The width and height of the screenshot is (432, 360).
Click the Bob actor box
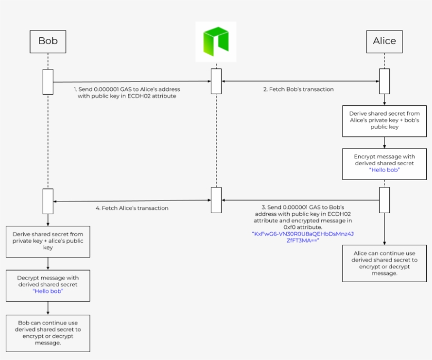coord(48,42)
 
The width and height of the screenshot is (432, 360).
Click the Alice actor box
coord(385,42)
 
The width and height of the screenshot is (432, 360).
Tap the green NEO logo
coord(216,41)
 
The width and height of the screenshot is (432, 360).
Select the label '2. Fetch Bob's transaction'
coord(298,89)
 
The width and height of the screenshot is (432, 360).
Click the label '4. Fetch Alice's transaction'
coord(132,208)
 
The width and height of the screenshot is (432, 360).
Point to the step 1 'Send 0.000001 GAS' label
coord(127,93)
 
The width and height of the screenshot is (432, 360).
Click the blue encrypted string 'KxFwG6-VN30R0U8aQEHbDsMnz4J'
coord(303,234)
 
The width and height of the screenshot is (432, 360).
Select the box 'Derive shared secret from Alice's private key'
coord(385,121)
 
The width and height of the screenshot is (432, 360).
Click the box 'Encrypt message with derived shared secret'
coord(385,164)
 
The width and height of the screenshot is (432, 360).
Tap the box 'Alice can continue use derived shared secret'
coord(385,263)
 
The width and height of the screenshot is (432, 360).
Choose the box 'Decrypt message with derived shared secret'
coord(48,285)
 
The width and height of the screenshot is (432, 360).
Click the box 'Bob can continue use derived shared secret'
coord(48,333)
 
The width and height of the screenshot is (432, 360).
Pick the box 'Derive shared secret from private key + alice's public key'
coord(48,242)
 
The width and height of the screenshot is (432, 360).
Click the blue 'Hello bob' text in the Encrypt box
coord(385,170)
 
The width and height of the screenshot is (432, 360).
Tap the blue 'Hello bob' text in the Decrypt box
coord(48,291)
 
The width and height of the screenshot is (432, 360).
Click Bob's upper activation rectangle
coord(48,82)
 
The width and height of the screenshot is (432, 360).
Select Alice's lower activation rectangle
coord(385,200)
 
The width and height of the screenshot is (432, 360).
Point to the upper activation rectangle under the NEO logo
coord(217,81)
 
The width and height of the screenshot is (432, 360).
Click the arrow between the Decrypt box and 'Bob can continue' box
coord(48,308)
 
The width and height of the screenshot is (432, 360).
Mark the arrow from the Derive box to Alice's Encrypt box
coord(385,143)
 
